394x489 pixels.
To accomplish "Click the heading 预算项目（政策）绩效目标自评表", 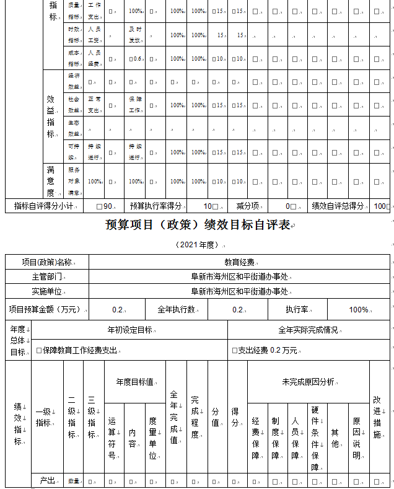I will click(x=198, y=225).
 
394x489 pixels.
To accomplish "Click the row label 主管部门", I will click(x=47, y=277).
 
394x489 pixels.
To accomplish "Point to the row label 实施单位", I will click(x=47, y=291).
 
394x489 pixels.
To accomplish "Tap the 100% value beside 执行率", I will click(x=359, y=309).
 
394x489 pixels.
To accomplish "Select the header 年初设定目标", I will click(x=129, y=330).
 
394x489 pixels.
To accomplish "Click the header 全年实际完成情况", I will click(x=308, y=330).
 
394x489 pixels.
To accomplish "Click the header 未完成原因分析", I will click(x=308, y=382).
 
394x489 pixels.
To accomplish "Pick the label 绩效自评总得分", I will click(x=338, y=206).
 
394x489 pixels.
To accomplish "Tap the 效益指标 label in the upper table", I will click(x=51, y=117).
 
